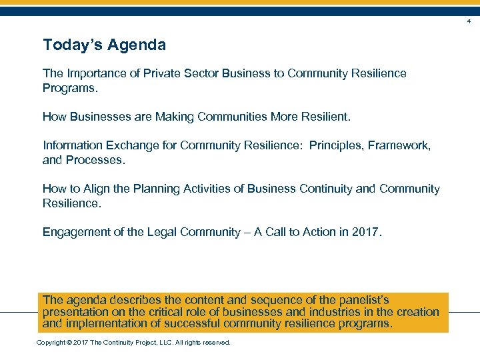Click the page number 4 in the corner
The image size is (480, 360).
(x=469, y=22)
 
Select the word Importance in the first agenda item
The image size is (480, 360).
(x=94, y=73)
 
